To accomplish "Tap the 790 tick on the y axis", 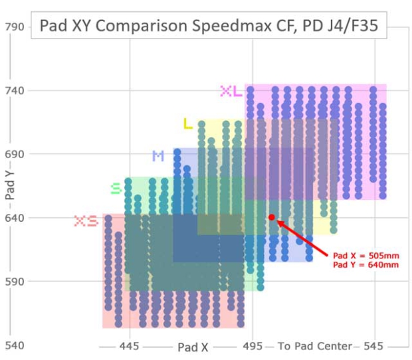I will click(15, 27).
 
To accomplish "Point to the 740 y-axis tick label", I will click(15, 90).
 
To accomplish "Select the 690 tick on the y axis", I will click(15, 154).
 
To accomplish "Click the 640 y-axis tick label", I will click(15, 218).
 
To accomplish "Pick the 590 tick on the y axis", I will click(15, 281).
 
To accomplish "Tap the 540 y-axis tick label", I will click(15, 346).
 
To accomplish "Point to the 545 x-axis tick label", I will click(374, 347).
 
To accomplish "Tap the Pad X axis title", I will click(193, 347).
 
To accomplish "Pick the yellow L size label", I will click(187, 124).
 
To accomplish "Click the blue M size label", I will click(157, 156).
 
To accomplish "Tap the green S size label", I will click(116, 189).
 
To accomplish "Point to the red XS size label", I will click(86, 221).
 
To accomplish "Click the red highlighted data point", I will click(272, 217).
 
